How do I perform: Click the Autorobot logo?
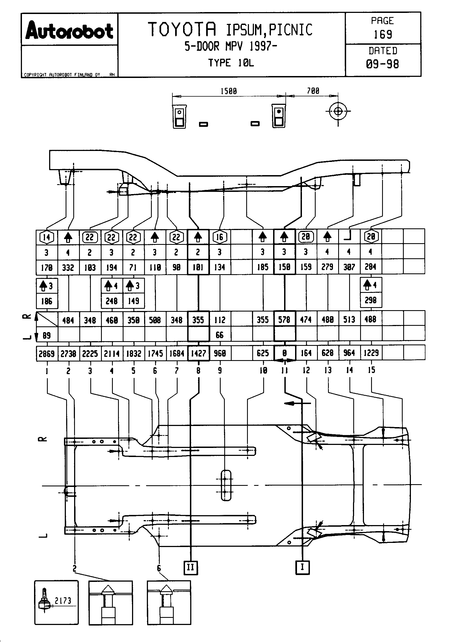[69, 30]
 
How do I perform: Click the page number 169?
[383, 34]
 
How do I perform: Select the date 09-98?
[382, 64]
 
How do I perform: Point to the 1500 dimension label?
[229, 91]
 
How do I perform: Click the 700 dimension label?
[313, 91]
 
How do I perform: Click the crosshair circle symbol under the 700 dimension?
[338, 111]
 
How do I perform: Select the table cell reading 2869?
[47, 354]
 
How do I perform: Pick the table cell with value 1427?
[198, 354]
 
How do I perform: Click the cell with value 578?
[284, 319]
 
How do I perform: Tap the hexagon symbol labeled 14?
[47, 237]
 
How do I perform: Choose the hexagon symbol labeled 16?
[220, 237]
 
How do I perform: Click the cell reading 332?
[68, 268]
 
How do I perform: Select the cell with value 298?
[371, 300]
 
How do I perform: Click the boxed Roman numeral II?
[191, 568]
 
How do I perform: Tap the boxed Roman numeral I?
[302, 567]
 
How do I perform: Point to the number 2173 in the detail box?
[63, 601]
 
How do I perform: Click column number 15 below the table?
[371, 370]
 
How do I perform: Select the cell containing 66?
[220, 335]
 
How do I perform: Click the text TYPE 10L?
[231, 63]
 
